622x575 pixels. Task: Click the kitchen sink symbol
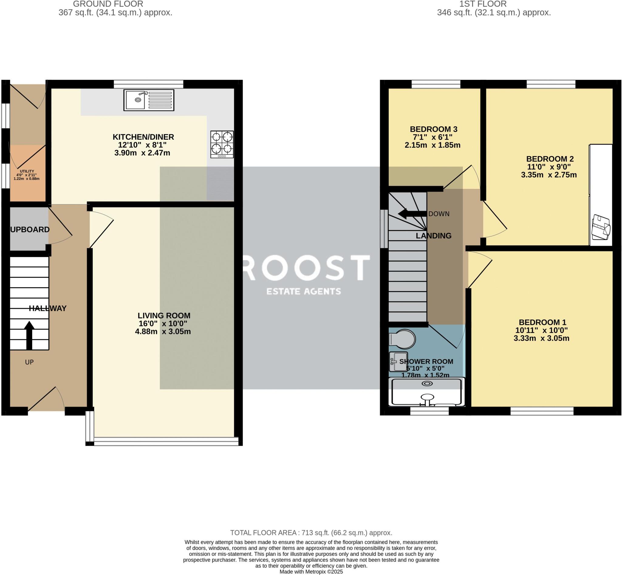pyautogui.click(x=149, y=100)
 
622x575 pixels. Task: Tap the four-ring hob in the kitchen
pyautogui.click(x=222, y=145)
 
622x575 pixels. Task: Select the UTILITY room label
pyautogui.click(x=27, y=171)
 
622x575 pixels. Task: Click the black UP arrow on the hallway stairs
pyautogui.click(x=29, y=335)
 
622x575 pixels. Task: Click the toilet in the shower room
pyautogui.click(x=402, y=339)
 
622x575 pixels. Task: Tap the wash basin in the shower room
pyautogui.click(x=398, y=362)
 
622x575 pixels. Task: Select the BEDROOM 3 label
pyautogui.click(x=433, y=129)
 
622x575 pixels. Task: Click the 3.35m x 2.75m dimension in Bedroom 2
pyautogui.click(x=549, y=175)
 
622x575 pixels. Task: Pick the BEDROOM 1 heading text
pyautogui.click(x=542, y=322)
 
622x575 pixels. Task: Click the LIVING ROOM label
pyautogui.click(x=164, y=315)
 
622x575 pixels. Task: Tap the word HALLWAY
pyautogui.click(x=48, y=308)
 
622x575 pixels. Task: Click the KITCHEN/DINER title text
pyautogui.click(x=143, y=137)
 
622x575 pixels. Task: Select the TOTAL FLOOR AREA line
pyautogui.click(x=311, y=533)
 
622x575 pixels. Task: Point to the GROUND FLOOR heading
pyautogui.click(x=108, y=4)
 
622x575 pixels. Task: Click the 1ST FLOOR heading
pyautogui.click(x=483, y=4)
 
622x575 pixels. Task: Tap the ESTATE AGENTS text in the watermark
pyautogui.click(x=303, y=291)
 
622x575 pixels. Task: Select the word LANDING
pyautogui.click(x=433, y=236)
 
